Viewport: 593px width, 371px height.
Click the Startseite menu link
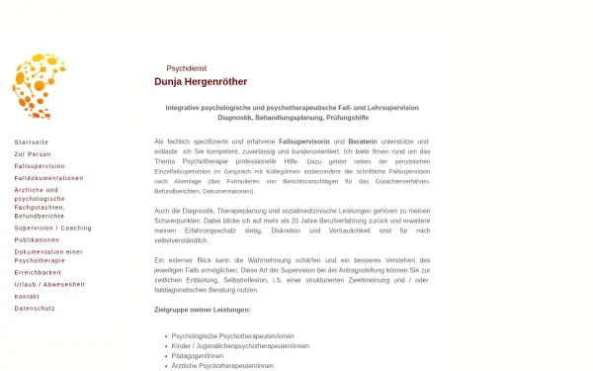32,142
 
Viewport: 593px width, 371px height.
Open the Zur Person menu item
33,154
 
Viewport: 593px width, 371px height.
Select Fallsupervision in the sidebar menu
40,166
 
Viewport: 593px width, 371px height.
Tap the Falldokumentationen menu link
48,178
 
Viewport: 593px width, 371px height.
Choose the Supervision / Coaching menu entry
52,228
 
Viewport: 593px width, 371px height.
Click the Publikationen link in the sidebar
37,239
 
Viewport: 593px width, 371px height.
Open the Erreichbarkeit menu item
38,272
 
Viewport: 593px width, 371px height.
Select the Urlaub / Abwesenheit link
49,284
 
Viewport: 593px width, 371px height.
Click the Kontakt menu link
27,296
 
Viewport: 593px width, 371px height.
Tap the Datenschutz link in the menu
35,308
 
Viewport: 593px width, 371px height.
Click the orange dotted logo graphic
39,87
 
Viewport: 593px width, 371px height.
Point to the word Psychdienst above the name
187,68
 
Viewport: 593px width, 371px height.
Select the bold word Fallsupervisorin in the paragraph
304,142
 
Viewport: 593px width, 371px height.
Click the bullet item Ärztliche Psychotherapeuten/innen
223,366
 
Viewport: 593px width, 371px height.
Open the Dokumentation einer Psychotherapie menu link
48,255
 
